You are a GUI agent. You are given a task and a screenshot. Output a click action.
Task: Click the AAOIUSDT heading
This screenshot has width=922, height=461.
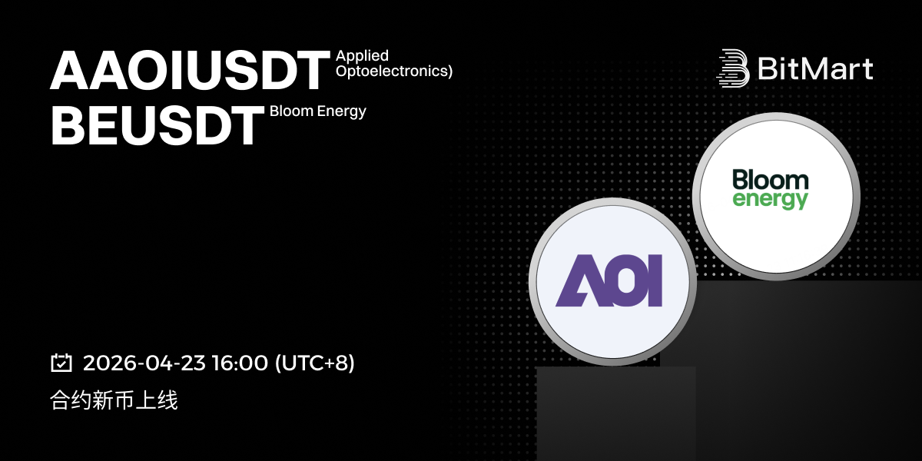(x=190, y=70)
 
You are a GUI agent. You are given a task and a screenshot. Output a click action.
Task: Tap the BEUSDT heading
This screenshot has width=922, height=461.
(x=157, y=125)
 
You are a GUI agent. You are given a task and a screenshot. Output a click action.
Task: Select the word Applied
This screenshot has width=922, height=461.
(x=362, y=56)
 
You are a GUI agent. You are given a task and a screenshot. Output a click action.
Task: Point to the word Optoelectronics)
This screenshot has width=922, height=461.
(x=394, y=71)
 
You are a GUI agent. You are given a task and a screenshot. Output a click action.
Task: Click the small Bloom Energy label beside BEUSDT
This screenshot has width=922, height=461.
(x=318, y=111)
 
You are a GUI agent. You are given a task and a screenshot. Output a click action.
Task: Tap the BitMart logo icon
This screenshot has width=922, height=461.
(x=733, y=68)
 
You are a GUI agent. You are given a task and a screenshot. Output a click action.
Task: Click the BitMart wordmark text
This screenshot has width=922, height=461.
(x=815, y=68)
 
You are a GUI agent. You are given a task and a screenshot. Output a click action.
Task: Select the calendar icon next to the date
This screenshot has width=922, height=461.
(x=61, y=363)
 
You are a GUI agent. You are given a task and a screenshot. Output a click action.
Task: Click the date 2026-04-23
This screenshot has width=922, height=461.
(x=144, y=363)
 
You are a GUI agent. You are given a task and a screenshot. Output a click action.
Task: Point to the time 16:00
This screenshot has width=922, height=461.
(x=240, y=363)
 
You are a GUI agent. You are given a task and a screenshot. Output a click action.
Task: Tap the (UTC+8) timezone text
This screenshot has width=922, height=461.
(x=314, y=363)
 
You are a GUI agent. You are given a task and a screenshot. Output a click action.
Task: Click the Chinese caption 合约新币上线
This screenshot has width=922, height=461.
(x=114, y=400)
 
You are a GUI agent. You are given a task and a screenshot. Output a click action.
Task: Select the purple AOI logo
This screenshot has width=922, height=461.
(x=609, y=280)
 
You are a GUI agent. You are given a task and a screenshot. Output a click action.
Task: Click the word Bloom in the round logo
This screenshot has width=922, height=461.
(x=771, y=180)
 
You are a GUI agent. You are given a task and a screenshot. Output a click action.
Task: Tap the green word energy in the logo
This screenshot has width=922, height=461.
(x=770, y=200)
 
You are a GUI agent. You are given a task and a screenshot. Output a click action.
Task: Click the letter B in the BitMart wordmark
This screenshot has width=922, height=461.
(x=768, y=68)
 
